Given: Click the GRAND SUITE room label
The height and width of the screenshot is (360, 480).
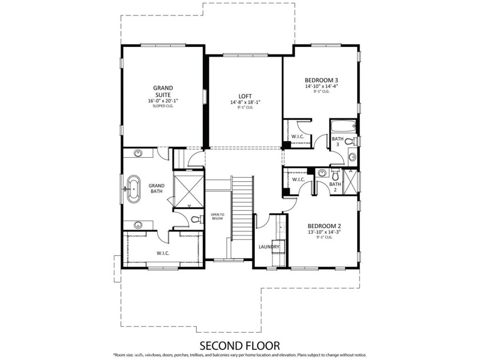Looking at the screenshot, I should (163, 91).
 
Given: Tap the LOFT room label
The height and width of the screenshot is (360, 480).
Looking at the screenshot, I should (245, 96).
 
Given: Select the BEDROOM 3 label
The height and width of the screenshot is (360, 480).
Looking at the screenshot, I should (321, 80).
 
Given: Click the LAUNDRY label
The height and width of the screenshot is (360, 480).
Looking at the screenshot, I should (269, 247).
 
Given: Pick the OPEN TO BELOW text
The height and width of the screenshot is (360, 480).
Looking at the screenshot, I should (218, 216).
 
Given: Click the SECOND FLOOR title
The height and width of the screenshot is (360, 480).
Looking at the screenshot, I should (239, 345).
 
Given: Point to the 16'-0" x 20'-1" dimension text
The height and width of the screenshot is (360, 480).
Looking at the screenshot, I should (163, 101).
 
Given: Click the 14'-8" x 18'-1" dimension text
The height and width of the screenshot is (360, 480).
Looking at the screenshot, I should (245, 102).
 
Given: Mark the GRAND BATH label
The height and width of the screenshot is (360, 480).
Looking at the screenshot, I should (156, 188).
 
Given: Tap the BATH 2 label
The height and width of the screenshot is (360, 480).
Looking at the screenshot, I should (335, 184).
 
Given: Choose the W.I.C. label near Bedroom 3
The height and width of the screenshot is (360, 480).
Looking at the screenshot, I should (297, 137).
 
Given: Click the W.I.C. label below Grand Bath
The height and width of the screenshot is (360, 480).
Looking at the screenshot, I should (163, 253).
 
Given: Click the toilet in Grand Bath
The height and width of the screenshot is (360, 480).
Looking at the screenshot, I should (195, 219).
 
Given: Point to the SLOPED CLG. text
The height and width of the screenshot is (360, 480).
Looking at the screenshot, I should (163, 106).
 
